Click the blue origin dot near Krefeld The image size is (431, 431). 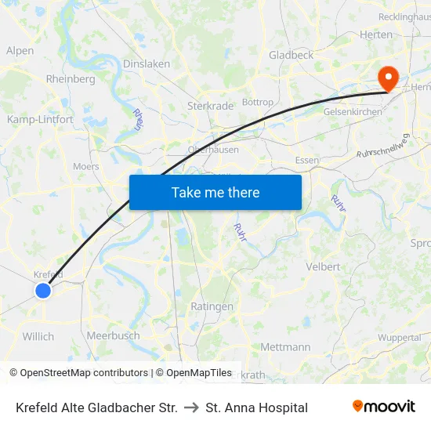tap(42, 291)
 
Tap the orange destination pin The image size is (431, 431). tap(387, 78)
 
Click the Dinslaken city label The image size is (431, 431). tap(147, 64)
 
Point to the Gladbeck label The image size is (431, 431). tap(291, 55)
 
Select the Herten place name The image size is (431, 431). tap(375, 34)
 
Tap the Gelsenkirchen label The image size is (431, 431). tap(353, 112)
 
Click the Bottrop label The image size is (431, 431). tap(258, 103)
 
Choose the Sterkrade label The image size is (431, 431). tap(210, 106)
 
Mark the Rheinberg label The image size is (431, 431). tap(71, 78)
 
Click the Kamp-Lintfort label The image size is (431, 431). tap(40, 120)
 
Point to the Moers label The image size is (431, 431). tap(86, 166)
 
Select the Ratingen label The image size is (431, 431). tap(212, 306)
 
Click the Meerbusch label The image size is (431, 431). tap(113, 335)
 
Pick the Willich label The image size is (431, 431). tap(38, 336)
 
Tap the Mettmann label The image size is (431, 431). tap(284, 346)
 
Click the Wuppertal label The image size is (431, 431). tap(399, 338)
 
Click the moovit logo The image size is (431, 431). tap(384, 407)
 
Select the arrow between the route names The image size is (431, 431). tap(191, 407)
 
